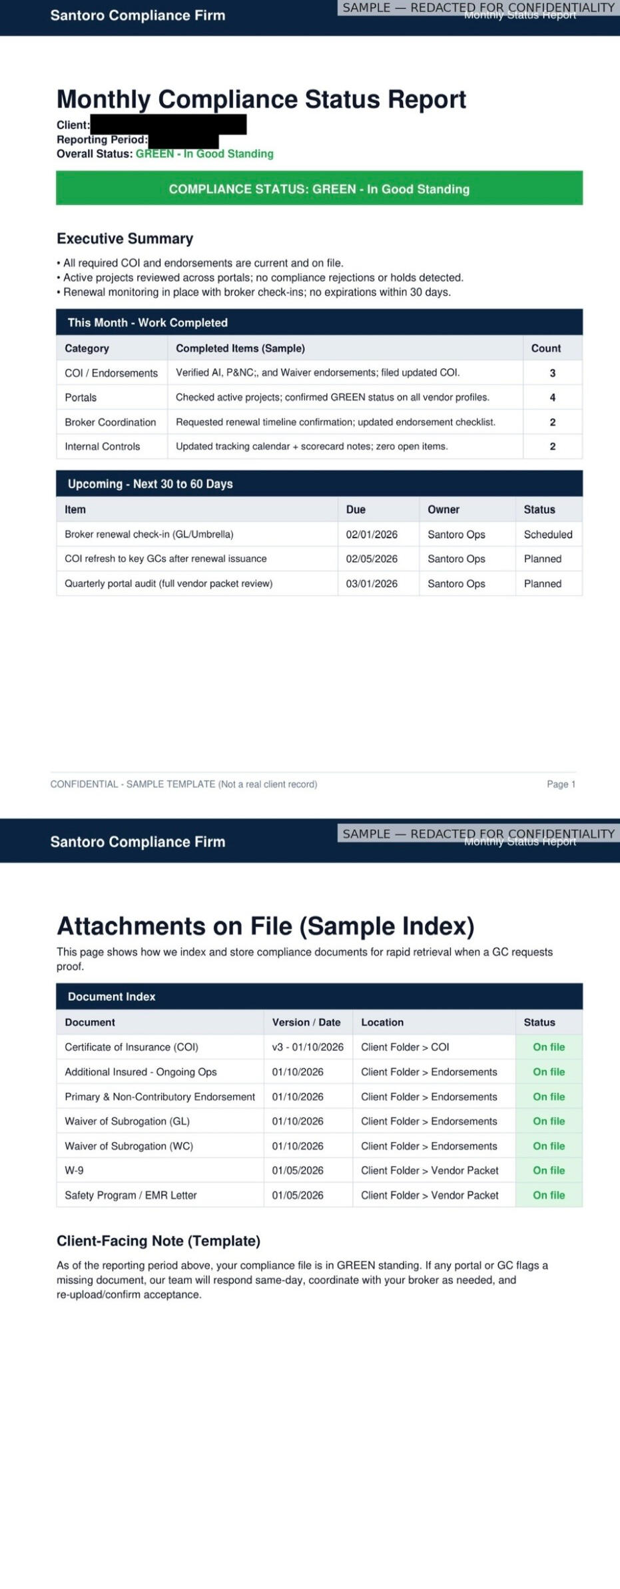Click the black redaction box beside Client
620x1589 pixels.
(168, 125)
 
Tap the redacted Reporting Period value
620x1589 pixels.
(183, 140)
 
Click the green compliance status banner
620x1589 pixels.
(319, 188)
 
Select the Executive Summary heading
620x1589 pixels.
(125, 238)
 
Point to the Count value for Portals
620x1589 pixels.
(552, 398)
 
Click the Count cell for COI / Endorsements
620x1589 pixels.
(552, 373)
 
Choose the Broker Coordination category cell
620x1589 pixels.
(111, 422)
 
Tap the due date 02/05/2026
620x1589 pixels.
(372, 559)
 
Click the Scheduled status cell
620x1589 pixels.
(547, 534)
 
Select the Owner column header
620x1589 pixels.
(444, 509)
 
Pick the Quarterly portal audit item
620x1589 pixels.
(168, 583)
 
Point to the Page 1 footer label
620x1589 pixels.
(561, 784)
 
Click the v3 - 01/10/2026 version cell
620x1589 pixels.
(308, 1047)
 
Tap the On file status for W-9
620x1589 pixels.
(548, 1170)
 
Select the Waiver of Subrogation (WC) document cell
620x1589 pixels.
(129, 1145)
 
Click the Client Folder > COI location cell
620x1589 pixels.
(405, 1047)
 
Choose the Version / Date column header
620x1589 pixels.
(306, 1022)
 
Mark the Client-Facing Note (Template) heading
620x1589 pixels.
(158, 1241)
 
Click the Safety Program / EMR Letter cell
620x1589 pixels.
(131, 1195)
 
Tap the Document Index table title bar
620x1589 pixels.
(319, 996)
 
